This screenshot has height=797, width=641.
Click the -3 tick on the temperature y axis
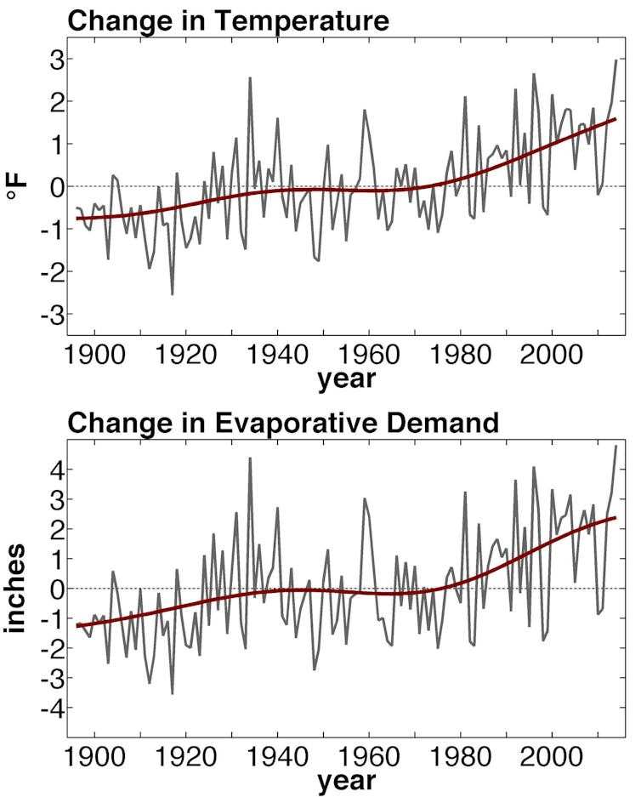pos(41,314)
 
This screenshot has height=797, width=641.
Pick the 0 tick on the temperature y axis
pos(47,186)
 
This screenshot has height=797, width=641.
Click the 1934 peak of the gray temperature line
pos(250,78)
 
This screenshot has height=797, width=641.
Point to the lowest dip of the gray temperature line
pos(173,294)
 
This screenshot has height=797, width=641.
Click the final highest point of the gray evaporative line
pos(615,446)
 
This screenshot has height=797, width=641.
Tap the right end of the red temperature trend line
pos(615,119)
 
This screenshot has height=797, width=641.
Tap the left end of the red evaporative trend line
pos(77,625)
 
